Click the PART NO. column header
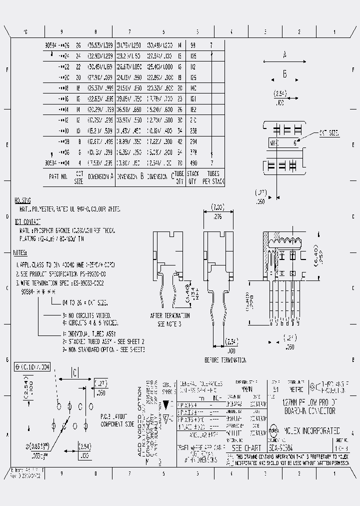point(58,176)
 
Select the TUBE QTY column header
point(179,176)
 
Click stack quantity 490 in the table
point(193,163)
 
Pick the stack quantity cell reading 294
point(193,141)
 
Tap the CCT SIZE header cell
point(79,176)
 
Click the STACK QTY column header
point(193,176)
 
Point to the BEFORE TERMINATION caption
point(225,360)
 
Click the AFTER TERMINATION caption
point(170,316)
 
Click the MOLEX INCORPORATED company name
point(312,430)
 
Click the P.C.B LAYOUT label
point(114,416)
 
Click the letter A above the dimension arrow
point(284,55)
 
